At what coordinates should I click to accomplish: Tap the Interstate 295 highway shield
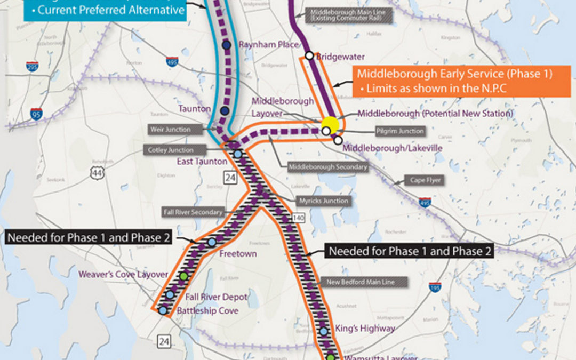coord(32,67)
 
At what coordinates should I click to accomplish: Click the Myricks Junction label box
coord(324,201)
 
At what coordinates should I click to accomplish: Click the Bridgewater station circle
coord(309,55)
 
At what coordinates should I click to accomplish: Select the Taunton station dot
coord(225,110)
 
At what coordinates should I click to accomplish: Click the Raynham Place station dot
coord(227,46)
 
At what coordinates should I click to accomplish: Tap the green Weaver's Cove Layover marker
coord(184,276)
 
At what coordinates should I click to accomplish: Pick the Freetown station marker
coord(212,242)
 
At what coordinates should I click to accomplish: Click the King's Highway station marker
coord(324,332)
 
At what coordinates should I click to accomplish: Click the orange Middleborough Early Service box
coord(454,81)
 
